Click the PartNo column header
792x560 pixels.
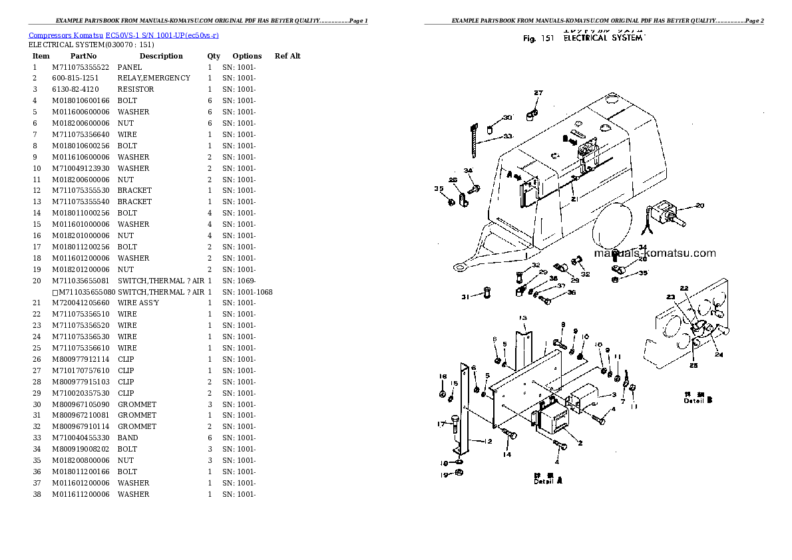[83, 57]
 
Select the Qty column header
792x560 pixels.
[213, 57]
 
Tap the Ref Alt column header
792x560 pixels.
[287, 57]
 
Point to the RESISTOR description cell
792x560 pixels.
[136, 90]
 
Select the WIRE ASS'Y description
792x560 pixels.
[138, 303]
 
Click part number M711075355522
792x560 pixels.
[81, 67]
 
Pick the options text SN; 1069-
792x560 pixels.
[238, 281]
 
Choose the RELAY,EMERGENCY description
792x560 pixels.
[154, 78]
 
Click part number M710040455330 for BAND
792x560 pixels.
[81, 438]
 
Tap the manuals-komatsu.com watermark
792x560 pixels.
[654, 253]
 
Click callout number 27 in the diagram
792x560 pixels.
[538, 93]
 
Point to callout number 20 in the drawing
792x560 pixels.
[699, 206]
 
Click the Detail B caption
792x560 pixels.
[699, 400]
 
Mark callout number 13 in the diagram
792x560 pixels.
[523, 318]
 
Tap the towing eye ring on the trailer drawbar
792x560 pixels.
[459, 267]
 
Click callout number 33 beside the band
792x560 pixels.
[508, 136]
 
